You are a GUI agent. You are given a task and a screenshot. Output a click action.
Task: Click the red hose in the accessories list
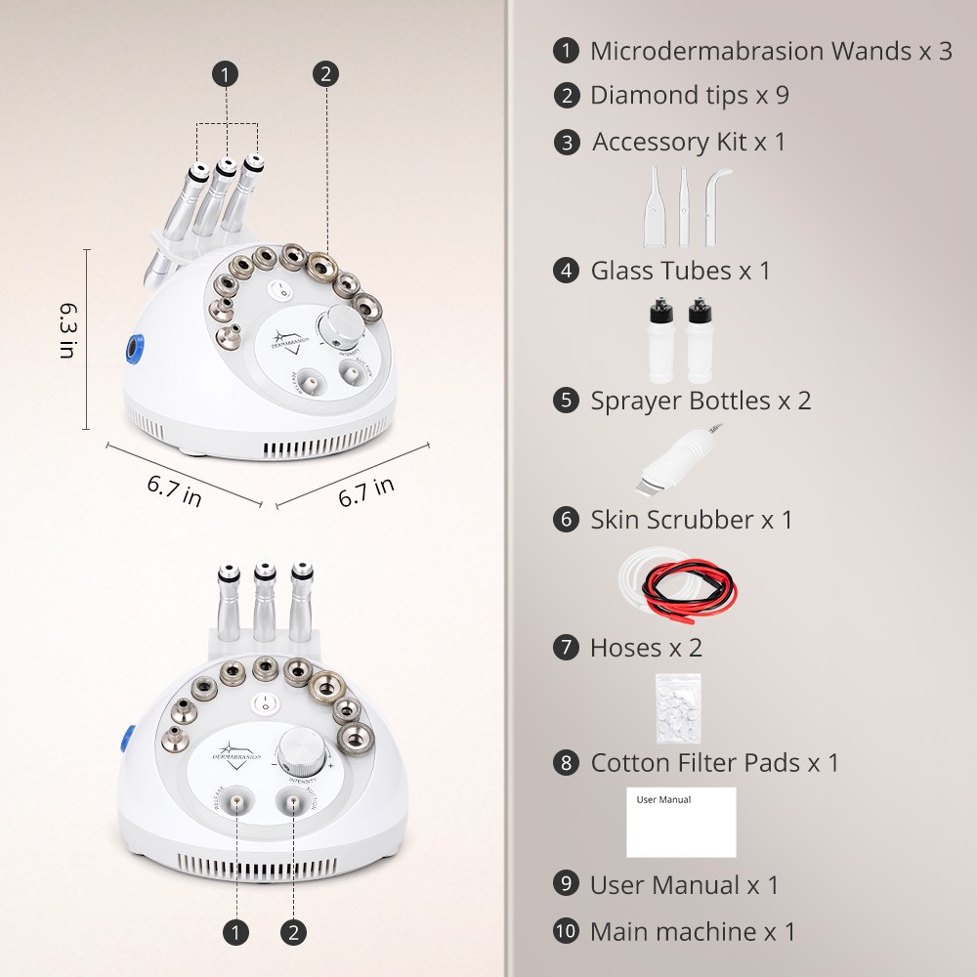pos(700,585)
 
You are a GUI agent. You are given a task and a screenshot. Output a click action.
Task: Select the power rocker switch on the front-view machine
pos(264,702)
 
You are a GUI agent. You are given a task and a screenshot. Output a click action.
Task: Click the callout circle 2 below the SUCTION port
pos(292,932)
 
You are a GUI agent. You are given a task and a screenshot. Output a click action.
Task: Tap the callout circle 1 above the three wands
pos(227,73)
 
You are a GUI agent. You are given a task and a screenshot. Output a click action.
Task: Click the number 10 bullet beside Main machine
pos(566,931)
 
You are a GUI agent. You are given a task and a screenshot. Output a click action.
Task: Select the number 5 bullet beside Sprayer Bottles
pos(566,401)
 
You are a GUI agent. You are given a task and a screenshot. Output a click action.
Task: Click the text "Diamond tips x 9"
pos(689,95)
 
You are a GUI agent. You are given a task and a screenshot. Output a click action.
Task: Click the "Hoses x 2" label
pos(646,647)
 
